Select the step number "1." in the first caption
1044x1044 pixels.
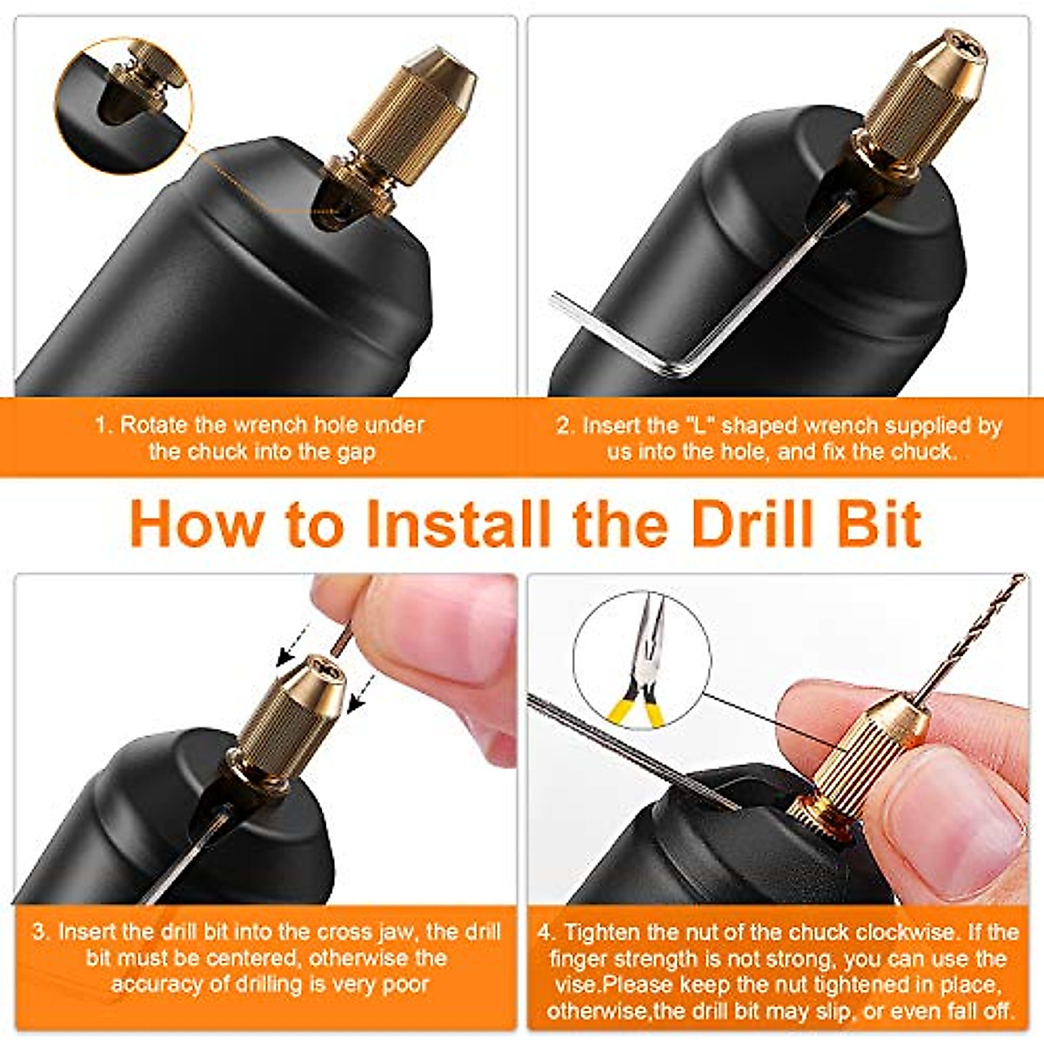point(104,425)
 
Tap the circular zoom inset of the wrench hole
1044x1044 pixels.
point(124,105)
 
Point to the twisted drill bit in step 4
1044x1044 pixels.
point(974,635)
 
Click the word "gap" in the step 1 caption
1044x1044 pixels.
point(357,452)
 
